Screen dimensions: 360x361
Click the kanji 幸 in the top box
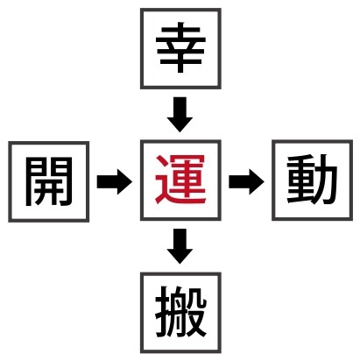click(x=180, y=48)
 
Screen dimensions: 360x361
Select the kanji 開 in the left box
click(x=49, y=181)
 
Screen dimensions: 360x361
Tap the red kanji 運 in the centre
click(x=180, y=180)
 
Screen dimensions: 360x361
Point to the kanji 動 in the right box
click(x=312, y=180)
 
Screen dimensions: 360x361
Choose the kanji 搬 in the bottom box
click(x=181, y=312)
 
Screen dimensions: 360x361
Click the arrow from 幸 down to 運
click(x=180, y=115)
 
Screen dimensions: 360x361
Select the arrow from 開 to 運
click(x=115, y=181)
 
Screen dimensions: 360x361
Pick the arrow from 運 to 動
click(x=246, y=181)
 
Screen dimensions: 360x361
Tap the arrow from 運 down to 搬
click(x=180, y=246)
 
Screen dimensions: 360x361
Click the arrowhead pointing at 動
click(x=256, y=181)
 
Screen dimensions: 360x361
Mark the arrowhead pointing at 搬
click(x=180, y=257)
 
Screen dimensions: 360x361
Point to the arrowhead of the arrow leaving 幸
click(x=180, y=124)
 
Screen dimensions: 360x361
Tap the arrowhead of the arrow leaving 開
click(x=124, y=181)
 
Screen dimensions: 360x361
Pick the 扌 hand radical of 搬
click(x=163, y=312)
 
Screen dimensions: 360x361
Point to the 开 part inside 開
click(x=49, y=190)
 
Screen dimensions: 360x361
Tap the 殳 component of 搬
click(x=195, y=312)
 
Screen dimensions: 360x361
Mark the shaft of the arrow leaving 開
click(x=107, y=181)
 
